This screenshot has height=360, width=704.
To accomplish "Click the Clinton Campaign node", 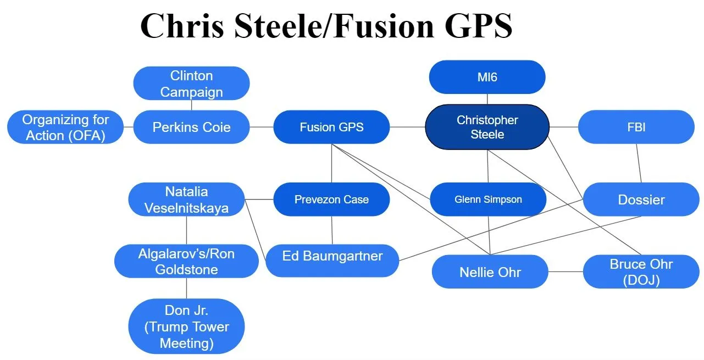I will coord(191,84).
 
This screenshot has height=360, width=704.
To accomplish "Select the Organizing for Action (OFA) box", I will coord(65,127).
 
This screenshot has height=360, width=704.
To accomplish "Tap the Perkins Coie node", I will coord(191,127).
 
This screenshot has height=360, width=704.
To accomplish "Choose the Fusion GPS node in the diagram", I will coord(331,127).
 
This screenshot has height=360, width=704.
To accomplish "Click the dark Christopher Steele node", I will coord(487,127).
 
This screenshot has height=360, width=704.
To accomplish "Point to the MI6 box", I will coord(487,77).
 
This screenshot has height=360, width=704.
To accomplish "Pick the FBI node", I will coord(636,127).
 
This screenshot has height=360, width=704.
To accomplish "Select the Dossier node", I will coord(641,200).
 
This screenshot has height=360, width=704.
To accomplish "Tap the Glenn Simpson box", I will coord(488,200).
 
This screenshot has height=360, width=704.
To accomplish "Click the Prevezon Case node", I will coord(331,200).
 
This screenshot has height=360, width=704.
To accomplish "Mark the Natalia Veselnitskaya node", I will coord(186,200).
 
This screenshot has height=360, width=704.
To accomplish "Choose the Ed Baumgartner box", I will coord(332,256).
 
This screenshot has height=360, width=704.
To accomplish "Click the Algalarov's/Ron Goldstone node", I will coord(186,261).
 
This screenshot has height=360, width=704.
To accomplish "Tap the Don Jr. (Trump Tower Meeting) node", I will coord(186,326).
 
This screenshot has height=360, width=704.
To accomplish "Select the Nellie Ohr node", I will coord(490,272).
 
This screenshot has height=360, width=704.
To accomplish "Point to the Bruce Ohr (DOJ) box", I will coord(641,272).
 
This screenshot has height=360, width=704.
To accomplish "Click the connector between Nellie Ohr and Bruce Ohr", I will coord(566,272).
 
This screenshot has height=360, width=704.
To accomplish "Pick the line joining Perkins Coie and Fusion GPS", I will coord(262,127).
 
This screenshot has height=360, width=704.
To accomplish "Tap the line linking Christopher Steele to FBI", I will coord(564,127).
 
